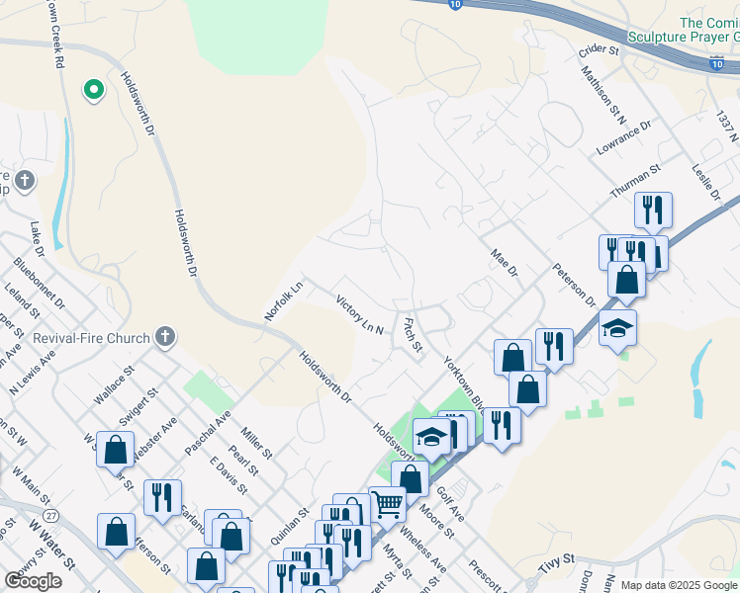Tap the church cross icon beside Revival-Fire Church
165,338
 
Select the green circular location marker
94,90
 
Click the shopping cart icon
387,503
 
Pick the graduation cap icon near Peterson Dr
617,327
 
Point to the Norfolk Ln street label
283,300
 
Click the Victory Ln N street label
359,314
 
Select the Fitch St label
413,333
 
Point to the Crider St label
598,49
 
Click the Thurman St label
635,181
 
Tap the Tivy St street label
556,565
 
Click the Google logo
34,581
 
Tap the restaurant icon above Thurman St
652,210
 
